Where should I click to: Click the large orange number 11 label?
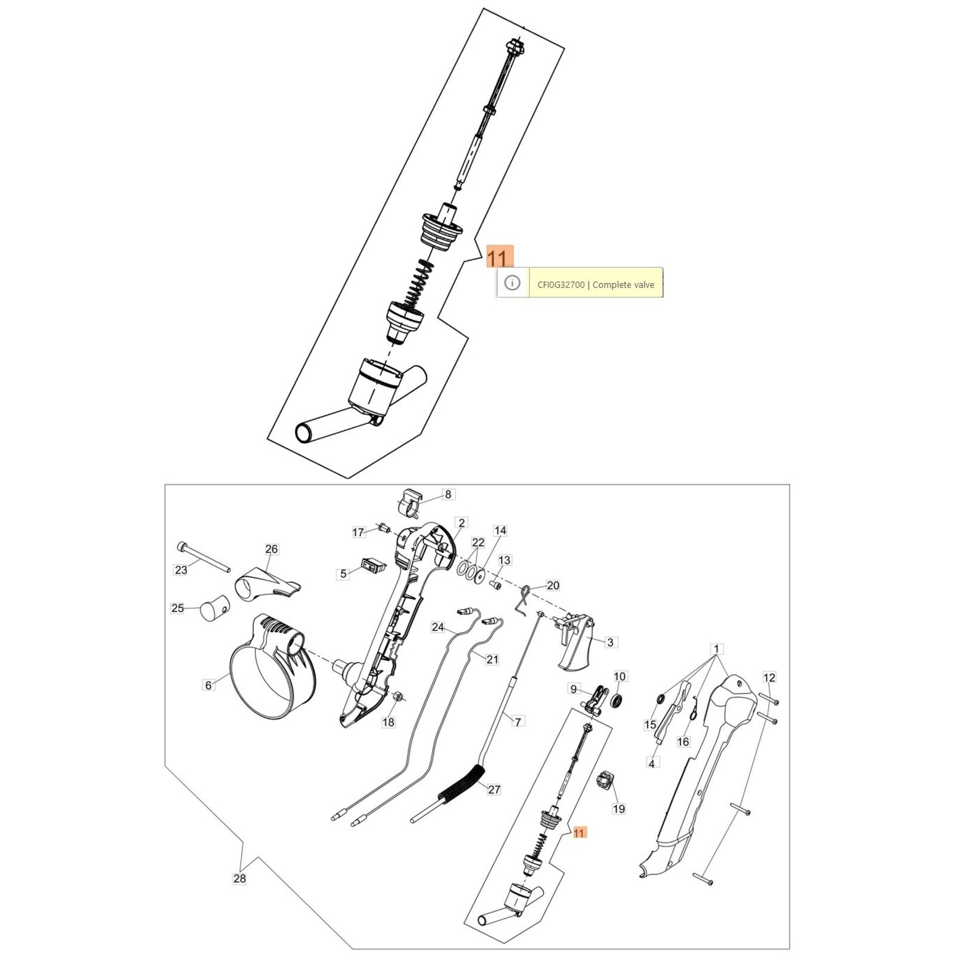[x=500, y=257]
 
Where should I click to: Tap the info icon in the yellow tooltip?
[x=512, y=283]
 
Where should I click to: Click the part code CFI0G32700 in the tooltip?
[x=561, y=285]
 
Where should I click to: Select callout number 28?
[x=239, y=878]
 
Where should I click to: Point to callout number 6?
[x=208, y=685]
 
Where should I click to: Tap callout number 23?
[x=181, y=570]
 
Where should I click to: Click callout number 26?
[x=272, y=549]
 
